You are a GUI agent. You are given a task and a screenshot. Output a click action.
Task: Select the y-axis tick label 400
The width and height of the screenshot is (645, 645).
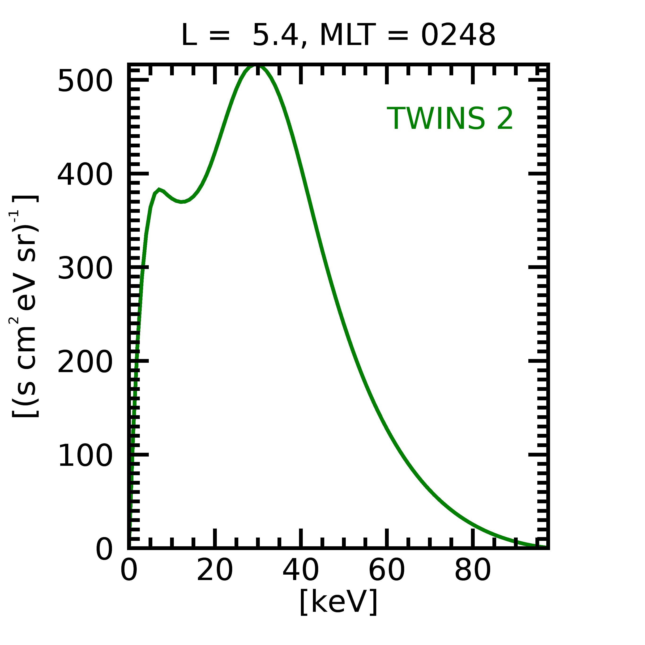click(85, 175)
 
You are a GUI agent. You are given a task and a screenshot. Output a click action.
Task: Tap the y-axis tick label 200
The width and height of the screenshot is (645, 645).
click(85, 362)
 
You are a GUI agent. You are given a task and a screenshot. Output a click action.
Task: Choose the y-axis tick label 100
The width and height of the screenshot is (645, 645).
click(85, 456)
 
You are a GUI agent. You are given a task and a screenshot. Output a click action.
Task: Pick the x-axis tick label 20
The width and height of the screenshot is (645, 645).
click(215, 572)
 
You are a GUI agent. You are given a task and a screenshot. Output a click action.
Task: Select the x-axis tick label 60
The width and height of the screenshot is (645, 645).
click(387, 572)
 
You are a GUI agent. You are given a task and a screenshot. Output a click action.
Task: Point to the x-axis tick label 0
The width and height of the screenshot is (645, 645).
click(129, 572)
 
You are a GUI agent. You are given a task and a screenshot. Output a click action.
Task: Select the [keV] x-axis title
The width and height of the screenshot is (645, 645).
click(338, 602)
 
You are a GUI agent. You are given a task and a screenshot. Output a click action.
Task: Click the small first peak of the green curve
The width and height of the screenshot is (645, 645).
click(159, 189)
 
